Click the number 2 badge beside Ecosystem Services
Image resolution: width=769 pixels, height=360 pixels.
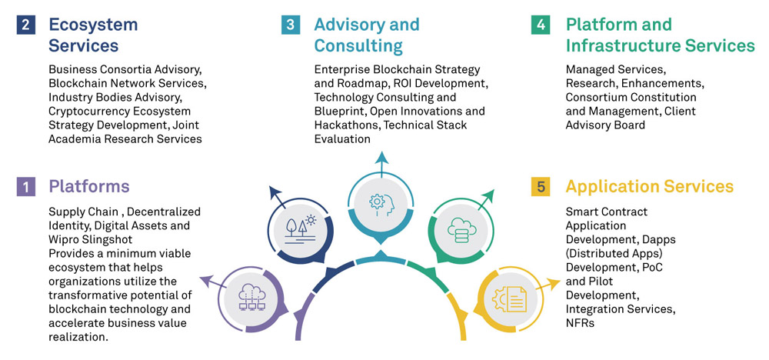coord(25,25)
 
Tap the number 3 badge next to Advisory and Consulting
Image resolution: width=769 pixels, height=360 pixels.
coord(291,25)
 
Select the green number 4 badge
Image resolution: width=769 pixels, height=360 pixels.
coord(541,25)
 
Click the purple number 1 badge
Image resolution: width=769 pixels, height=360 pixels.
coord(25,186)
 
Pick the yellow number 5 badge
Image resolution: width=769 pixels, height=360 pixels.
coord(541,186)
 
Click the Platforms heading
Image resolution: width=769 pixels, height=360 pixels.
coord(89,186)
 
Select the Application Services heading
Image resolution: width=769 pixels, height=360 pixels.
coord(649,186)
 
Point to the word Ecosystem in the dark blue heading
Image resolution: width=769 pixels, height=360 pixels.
coord(93,25)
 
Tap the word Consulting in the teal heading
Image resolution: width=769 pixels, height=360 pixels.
coord(358,45)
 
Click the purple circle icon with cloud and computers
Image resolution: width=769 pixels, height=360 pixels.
coord(251,297)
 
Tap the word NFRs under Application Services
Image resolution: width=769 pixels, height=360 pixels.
coord(581,323)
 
